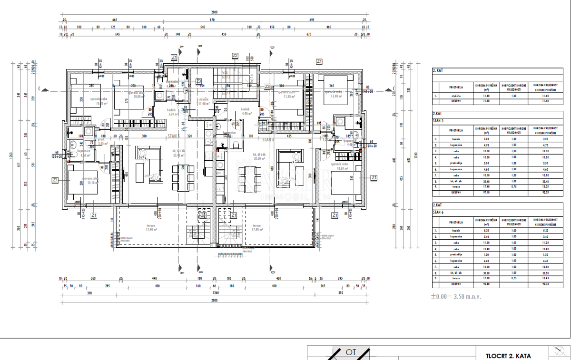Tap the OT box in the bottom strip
[351, 352]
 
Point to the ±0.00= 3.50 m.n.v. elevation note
[456, 296]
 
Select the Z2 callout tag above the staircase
[235, 56]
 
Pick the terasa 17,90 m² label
[257, 228]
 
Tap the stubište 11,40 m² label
[204, 101]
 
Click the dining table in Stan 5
[184, 175]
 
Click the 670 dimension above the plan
[212, 20]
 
